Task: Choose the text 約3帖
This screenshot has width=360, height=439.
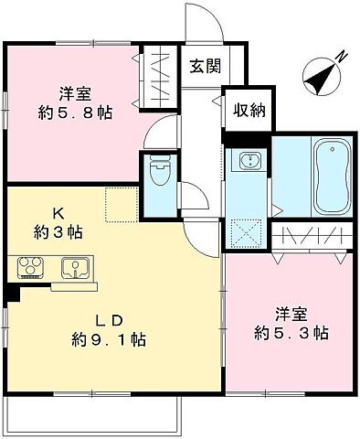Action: (56, 232)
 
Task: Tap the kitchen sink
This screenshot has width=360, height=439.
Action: (74, 269)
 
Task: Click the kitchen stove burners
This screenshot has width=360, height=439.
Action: (30, 269)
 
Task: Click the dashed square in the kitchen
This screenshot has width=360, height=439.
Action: (120, 204)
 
